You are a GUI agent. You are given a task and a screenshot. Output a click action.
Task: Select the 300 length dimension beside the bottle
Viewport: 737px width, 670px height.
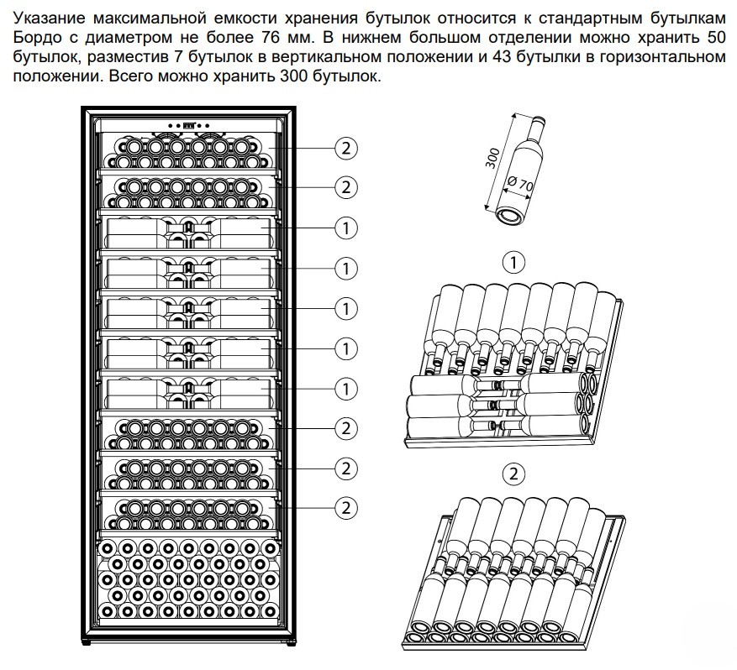click(493, 157)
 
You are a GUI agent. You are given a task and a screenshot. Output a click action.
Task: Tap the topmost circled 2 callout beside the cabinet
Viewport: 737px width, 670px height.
click(345, 148)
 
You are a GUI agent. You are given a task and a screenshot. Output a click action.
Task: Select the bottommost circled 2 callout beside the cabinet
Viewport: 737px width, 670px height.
click(345, 506)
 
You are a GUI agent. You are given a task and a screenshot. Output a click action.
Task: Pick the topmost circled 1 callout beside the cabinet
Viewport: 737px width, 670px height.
click(345, 227)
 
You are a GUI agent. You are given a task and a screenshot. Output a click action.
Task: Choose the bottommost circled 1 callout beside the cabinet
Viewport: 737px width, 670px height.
click(345, 389)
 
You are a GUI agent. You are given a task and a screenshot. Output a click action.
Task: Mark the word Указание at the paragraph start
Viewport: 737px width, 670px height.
click(50, 19)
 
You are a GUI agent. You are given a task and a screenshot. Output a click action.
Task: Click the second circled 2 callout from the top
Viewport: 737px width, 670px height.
click(345, 186)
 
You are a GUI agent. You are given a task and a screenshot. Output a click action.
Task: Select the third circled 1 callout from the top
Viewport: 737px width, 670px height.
click(345, 308)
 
